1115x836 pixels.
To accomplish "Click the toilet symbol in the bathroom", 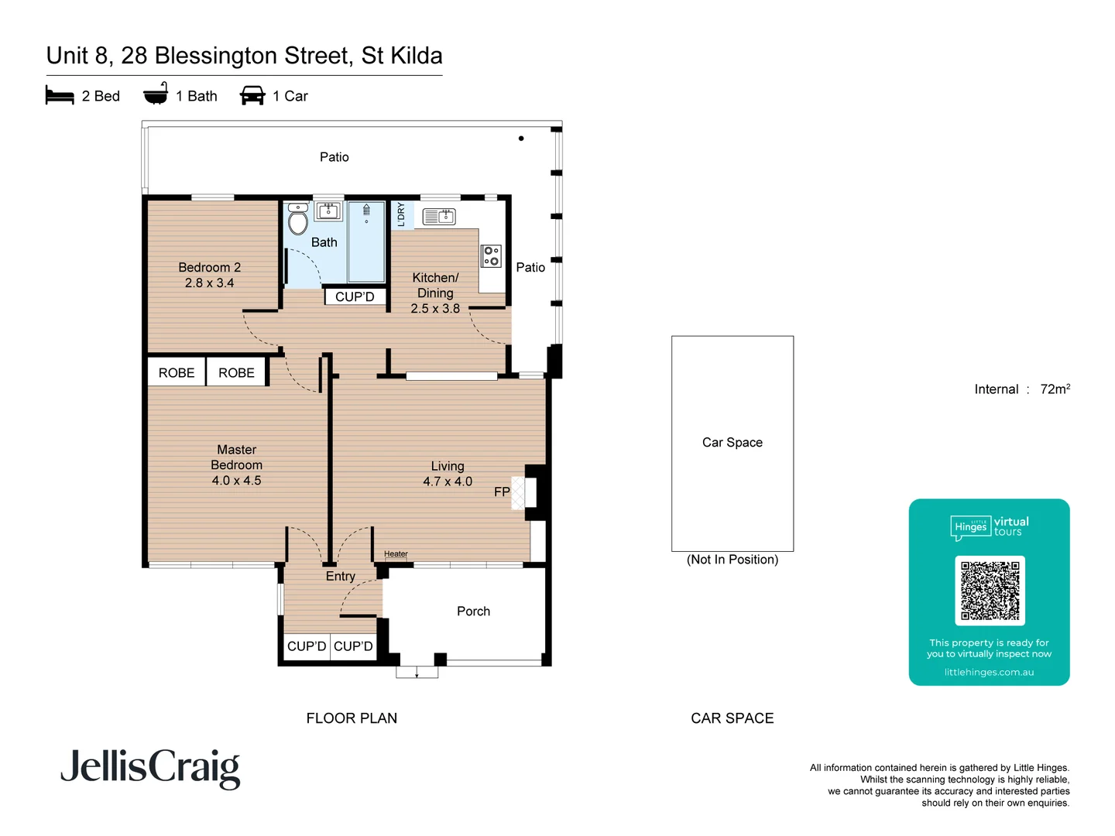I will [x=297, y=221].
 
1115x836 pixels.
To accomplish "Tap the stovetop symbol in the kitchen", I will [x=491, y=255].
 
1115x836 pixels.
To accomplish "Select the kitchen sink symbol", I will [x=439, y=217].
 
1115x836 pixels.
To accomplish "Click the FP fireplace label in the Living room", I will [x=502, y=492].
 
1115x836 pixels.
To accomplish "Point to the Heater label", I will [x=396, y=554].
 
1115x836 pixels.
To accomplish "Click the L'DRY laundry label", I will [x=401, y=214].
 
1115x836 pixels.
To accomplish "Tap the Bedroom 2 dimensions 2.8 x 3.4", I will [x=209, y=283].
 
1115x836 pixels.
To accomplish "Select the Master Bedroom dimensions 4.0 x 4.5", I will [x=236, y=481].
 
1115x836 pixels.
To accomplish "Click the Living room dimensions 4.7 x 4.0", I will [x=447, y=481].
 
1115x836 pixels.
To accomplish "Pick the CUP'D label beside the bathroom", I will [x=355, y=297].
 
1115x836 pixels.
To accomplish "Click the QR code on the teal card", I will [x=990, y=591].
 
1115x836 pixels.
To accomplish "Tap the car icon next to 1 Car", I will [x=252, y=96].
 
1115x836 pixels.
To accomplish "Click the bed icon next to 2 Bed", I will [x=60, y=96].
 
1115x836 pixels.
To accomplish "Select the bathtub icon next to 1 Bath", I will [x=156, y=94].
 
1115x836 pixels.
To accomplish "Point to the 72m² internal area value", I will [x=1055, y=389].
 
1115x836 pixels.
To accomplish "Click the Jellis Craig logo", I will [x=150, y=768].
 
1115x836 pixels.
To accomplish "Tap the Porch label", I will [x=473, y=612].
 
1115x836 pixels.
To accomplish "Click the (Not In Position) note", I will [x=732, y=560].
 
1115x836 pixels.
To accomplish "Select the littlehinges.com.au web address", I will [x=989, y=672].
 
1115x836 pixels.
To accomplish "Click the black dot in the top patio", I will [x=521, y=139].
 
